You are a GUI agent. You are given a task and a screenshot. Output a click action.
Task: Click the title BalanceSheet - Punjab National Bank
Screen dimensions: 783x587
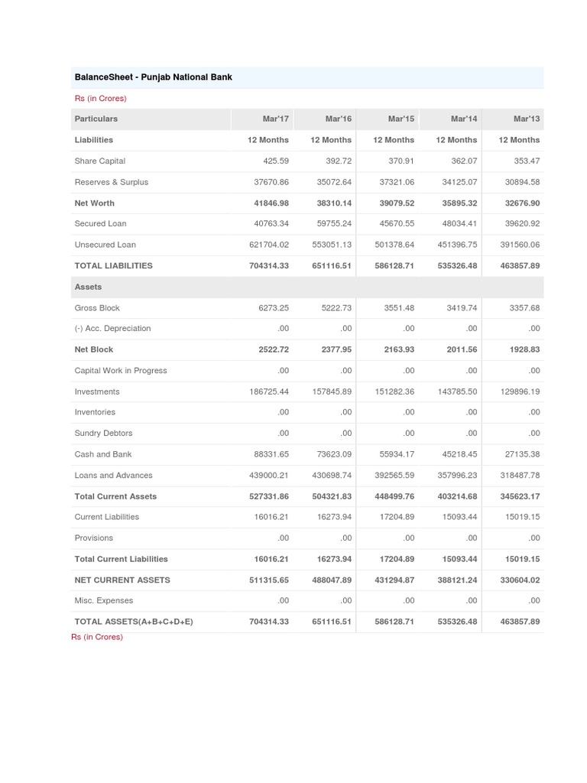coord(153,77)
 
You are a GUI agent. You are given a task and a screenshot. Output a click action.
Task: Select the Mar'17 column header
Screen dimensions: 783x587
coord(275,119)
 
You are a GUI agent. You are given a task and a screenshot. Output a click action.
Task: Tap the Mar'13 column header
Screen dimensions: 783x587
coord(527,119)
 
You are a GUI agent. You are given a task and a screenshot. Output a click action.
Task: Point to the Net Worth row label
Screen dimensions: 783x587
coord(94,203)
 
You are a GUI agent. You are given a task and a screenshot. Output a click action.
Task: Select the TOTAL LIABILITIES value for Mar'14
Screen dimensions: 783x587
coord(456,265)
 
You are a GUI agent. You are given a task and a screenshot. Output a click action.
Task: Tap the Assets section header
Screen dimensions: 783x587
coord(88,287)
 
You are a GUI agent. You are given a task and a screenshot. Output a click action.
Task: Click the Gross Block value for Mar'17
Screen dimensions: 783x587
coord(274,307)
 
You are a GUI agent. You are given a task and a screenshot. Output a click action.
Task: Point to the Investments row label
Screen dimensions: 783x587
coord(97,391)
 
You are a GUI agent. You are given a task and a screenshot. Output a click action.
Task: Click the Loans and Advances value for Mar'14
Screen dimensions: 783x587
coord(456,475)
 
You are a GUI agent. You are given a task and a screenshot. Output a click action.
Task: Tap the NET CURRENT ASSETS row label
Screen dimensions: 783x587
coord(122,580)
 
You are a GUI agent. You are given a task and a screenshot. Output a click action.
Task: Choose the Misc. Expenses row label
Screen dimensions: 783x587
coord(104,600)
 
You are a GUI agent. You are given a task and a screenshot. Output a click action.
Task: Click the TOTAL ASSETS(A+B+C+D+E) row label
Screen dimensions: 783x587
coord(134,622)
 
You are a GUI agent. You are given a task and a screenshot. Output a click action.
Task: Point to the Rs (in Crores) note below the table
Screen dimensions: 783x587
coord(97,637)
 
